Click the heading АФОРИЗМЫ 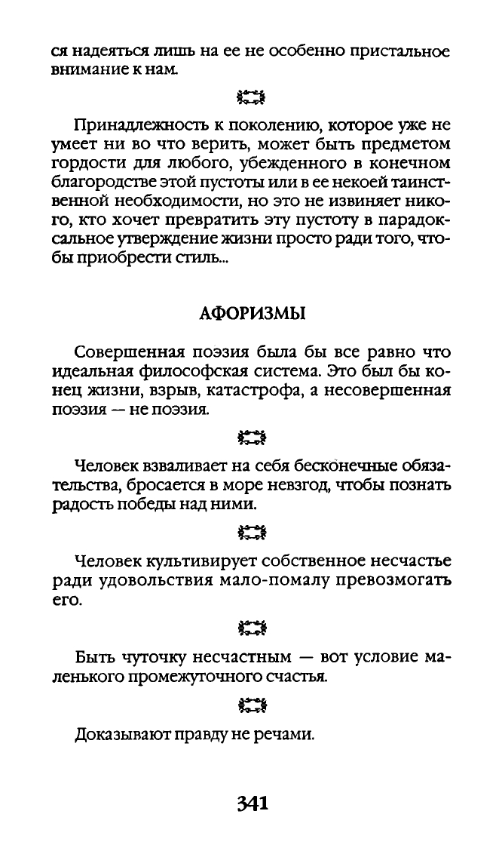(x=251, y=314)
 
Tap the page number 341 (x=251, y=803)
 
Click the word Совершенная (x=126, y=352)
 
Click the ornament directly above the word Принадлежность (x=251, y=97)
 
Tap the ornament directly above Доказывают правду (x=251, y=706)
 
